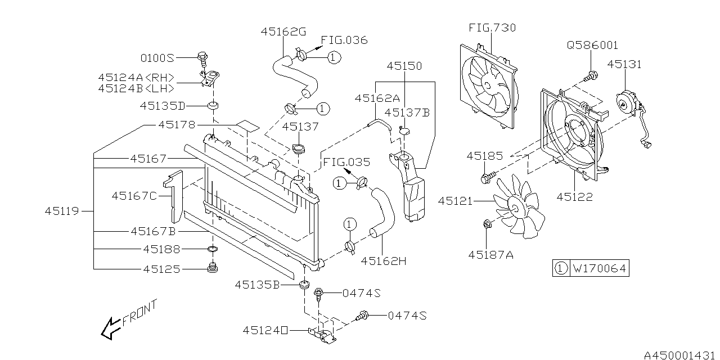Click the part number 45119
[63, 211]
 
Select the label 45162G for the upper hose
[283, 33]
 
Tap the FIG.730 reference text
[492, 28]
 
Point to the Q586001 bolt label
[593, 46]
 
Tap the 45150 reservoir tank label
[404, 66]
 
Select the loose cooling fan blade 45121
[515, 205]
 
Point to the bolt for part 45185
[487, 179]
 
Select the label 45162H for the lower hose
[384, 260]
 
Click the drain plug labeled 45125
[213, 268]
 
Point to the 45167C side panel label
[134, 196]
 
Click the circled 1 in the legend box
[560, 269]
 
